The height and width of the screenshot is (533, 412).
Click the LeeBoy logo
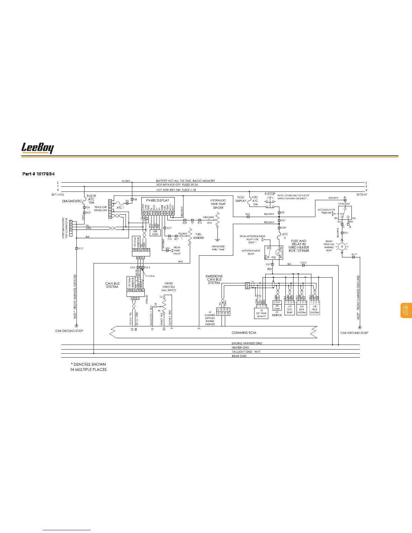click(x=38, y=148)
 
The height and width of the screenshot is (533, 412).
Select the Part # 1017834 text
click(x=38, y=174)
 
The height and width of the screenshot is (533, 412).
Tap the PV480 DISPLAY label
click(x=158, y=200)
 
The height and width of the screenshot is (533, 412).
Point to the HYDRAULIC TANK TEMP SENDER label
click(x=218, y=204)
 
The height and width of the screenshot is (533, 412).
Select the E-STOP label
click(x=270, y=194)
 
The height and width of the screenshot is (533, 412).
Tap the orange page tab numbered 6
click(x=405, y=310)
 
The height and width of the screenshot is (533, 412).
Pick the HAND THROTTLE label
click(x=168, y=287)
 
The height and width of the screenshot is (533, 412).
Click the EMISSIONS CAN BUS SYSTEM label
click(x=214, y=279)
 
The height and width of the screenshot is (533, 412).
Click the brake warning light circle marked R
click(x=342, y=246)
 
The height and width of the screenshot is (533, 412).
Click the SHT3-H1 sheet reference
click(x=362, y=194)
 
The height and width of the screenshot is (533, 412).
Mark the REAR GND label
click(x=239, y=356)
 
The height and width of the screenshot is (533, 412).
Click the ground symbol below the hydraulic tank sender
click(x=217, y=240)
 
